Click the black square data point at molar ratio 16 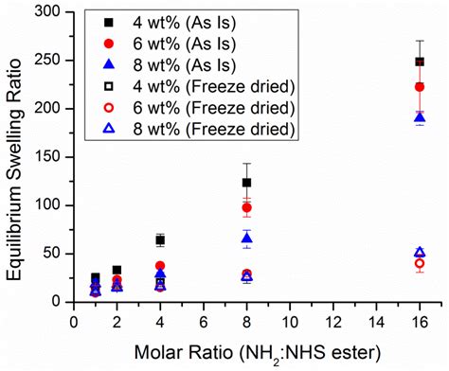click(420, 62)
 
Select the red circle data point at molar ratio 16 click(420, 87)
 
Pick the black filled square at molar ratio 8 click(247, 183)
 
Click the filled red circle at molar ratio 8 click(247, 207)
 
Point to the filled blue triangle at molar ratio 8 click(247, 238)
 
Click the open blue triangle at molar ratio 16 click(420, 253)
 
